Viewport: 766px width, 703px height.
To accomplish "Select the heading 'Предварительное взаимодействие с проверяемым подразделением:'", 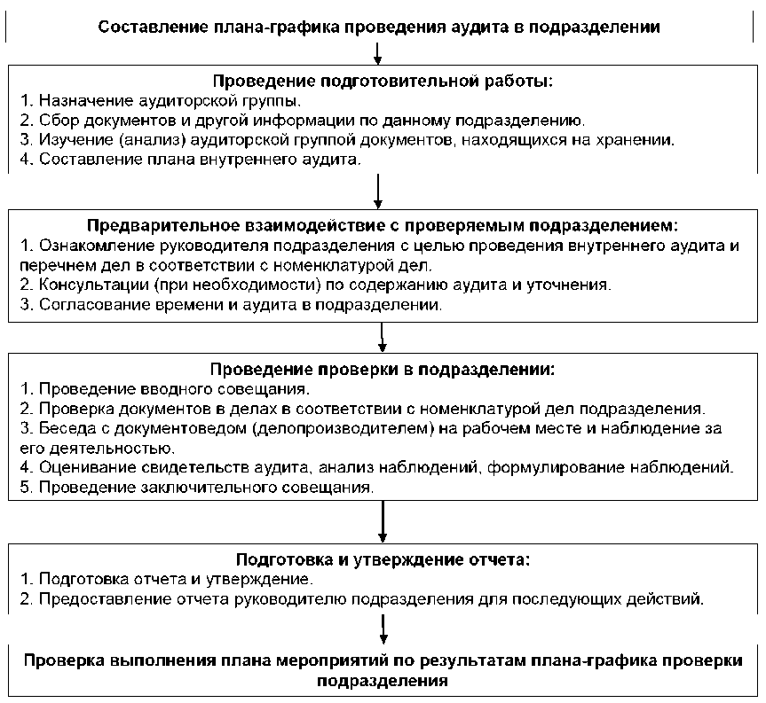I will (x=383, y=226).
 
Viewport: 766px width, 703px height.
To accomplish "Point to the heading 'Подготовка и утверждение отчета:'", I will (x=383, y=559).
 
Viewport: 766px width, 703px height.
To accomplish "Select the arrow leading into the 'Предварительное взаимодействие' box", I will (x=379, y=189).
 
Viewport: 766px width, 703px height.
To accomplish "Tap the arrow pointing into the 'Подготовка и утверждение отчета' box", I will (x=383, y=524).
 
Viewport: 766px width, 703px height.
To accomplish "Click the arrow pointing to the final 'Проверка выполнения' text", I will (x=383, y=631).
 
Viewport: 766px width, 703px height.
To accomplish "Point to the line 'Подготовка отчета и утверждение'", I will (x=167, y=580).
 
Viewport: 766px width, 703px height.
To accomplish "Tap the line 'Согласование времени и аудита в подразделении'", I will (x=230, y=305).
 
